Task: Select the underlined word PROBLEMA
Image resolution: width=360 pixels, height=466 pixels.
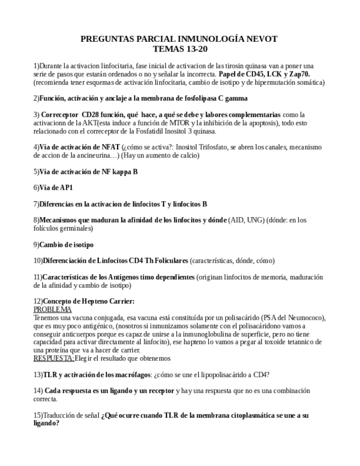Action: [x=52, y=309]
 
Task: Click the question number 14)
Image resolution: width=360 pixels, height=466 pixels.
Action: [x=38, y=391]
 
